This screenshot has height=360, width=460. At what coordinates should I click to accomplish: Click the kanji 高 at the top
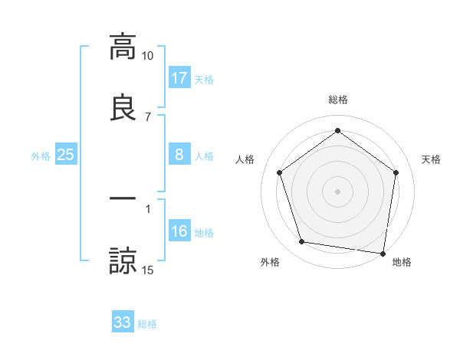coord(123,47)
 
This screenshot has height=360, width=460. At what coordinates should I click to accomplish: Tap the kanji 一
coord(123,198)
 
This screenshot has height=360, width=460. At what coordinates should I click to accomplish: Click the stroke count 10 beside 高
coord(148,56)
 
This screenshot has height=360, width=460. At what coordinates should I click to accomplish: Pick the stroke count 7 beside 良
coord(148,117)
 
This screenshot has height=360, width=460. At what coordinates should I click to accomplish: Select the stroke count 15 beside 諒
coord(148,270)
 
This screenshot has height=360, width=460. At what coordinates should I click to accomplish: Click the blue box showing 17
coord(179,78)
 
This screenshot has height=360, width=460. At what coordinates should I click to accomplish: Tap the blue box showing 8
coord(179,155)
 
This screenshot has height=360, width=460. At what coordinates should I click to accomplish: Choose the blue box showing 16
coord(179,232)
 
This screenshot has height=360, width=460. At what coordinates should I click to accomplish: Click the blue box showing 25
coord(66,155)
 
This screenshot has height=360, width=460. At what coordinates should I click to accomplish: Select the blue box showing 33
coord(123,322)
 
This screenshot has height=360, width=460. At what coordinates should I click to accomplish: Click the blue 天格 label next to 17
coord(204,80)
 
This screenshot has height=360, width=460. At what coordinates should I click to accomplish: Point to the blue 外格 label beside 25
coord(41,156)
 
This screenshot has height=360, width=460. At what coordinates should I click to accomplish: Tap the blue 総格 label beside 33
coord(147,324)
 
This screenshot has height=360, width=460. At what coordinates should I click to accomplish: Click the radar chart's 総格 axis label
coord(337,100)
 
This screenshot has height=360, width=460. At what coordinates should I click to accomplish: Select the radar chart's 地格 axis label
coord(402,263)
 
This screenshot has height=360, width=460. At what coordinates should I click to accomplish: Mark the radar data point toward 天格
coord(396,172)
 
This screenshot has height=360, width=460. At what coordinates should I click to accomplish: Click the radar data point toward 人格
coord(279,172)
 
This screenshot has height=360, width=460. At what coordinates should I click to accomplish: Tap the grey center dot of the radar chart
coord(337,191)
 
